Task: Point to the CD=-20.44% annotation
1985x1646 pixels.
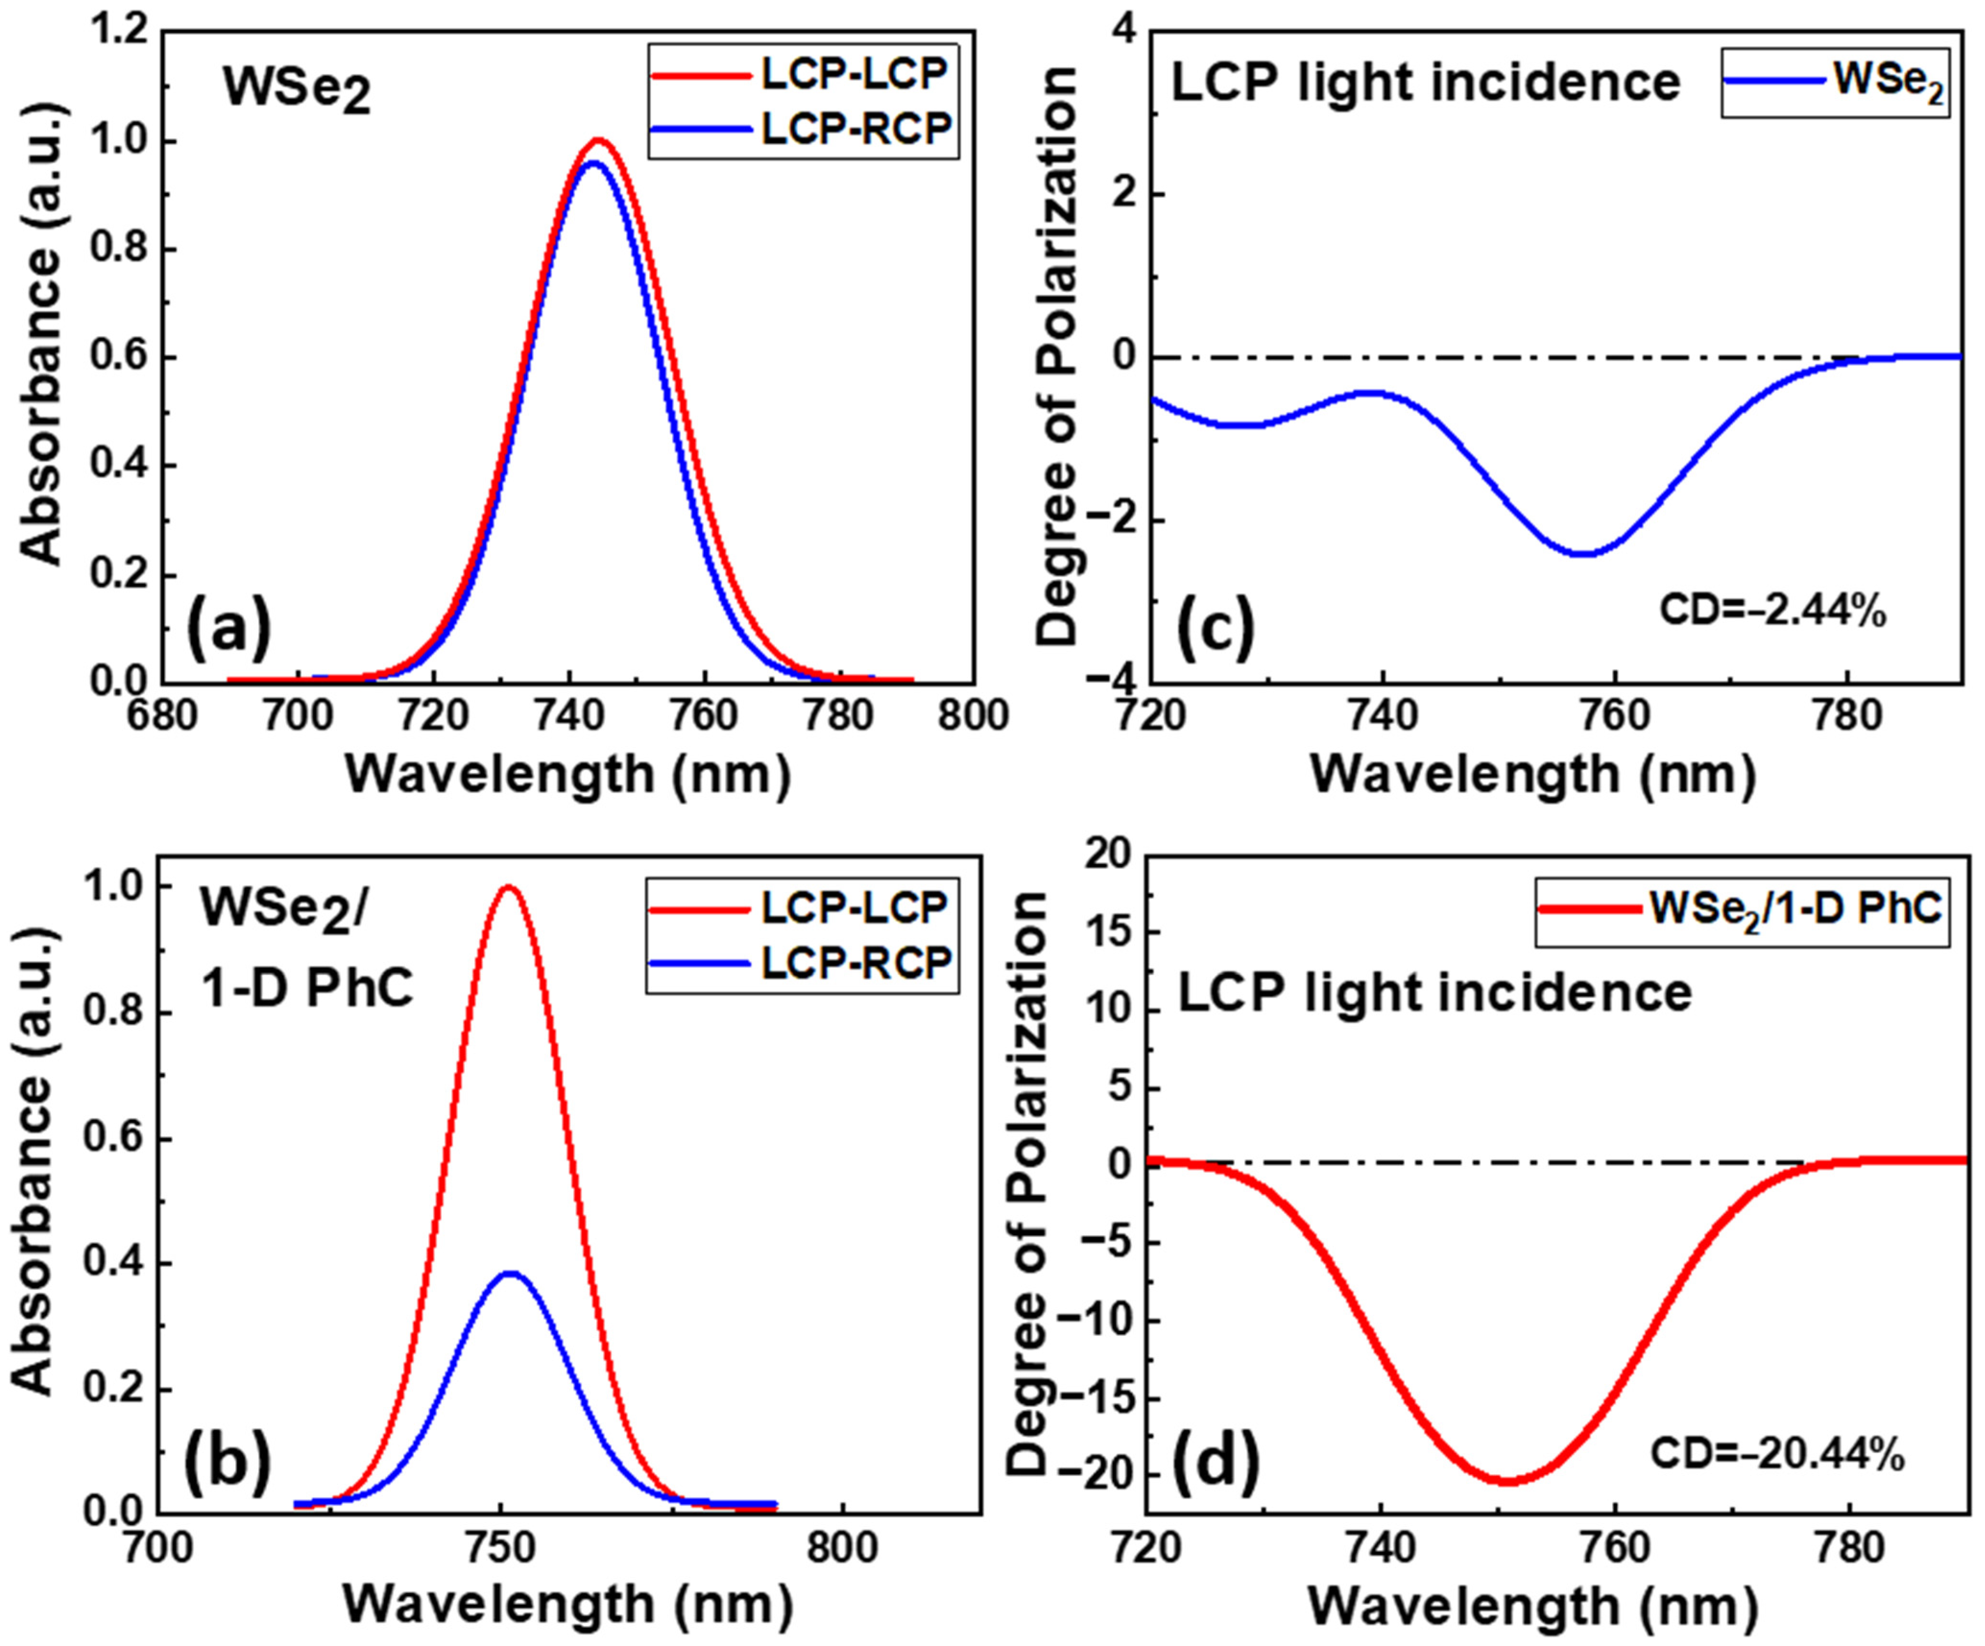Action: (x=1777, y=1453)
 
